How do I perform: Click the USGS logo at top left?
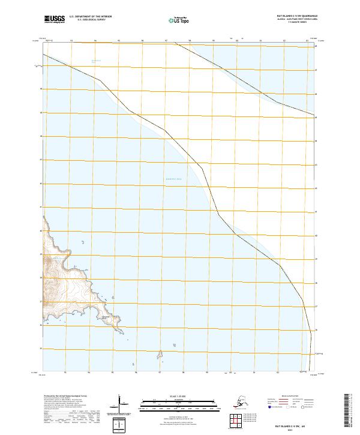pyautogui.click(x=53, y=20)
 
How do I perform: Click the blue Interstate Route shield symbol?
pyautogui.click(x=270, y=407)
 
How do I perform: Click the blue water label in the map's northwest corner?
pyautogui.click(x=95, y=61)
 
